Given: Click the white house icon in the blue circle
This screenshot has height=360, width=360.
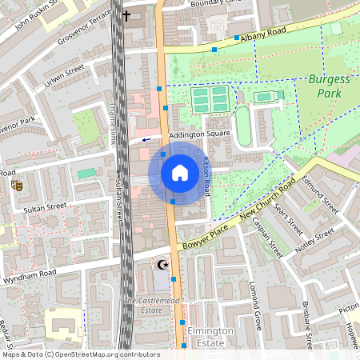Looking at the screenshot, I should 179,172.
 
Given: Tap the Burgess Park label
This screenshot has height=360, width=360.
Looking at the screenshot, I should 329,86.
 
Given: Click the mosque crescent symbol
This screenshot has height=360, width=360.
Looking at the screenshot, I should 162,265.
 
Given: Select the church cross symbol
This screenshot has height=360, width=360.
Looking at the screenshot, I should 126,16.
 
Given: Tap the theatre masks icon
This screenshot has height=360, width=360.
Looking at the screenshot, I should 15,185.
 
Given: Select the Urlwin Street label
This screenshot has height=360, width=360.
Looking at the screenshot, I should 64,78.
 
